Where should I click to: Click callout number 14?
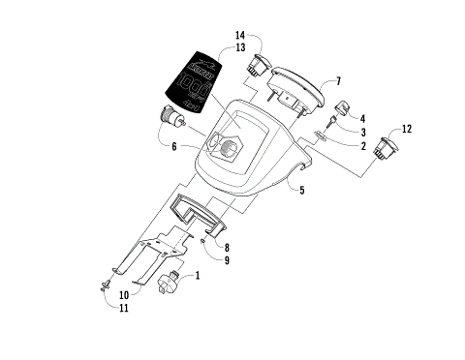coord(239,36)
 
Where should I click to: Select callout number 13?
coord(239,47)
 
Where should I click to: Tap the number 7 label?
coord(338,80)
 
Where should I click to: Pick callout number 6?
coord(173,147)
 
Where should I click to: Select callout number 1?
coord(198,275)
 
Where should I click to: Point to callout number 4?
coord(361,118)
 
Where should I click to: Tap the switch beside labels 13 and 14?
coord(259,66)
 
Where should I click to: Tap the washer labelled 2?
coord(323,137)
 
